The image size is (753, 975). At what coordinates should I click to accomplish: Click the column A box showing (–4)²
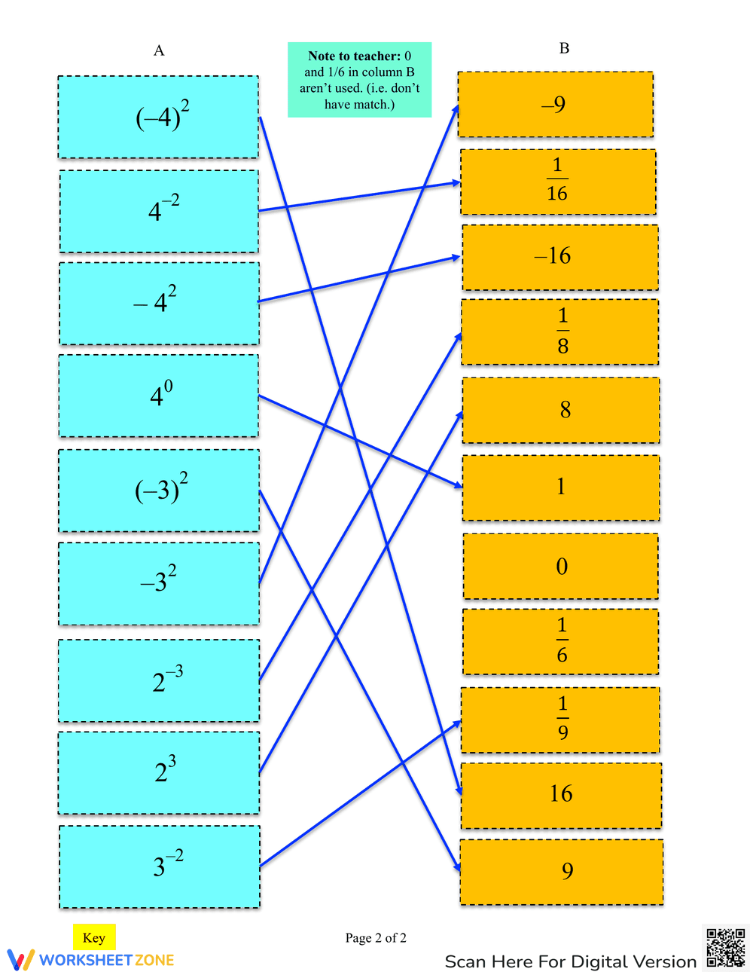158,117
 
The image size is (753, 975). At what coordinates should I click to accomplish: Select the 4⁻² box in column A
159,211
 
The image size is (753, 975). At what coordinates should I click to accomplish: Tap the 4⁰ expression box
159,396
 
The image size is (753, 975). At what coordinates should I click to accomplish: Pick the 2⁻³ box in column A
159,680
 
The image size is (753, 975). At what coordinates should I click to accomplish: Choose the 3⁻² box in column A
159,866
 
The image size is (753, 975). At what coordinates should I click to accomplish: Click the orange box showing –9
555,105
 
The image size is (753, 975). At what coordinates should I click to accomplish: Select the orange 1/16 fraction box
558,182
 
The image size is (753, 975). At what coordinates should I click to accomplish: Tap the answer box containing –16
559,257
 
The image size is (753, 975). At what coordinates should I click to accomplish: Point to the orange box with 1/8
560,332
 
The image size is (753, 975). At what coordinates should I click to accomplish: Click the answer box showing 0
561,566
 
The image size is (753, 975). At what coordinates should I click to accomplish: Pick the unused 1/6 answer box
561,641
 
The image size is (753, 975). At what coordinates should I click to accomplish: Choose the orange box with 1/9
560,720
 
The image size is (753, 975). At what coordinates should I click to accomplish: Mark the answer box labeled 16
561,795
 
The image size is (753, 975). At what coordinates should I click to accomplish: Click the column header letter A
159,50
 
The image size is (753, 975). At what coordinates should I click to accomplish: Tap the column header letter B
564,48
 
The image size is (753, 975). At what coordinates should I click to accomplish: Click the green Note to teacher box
359,80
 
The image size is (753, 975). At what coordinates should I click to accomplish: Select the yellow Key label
94,937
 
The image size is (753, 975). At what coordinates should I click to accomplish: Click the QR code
726,947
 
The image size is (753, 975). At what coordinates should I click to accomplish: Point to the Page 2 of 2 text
376,938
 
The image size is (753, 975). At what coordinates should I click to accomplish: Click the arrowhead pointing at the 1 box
459,486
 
